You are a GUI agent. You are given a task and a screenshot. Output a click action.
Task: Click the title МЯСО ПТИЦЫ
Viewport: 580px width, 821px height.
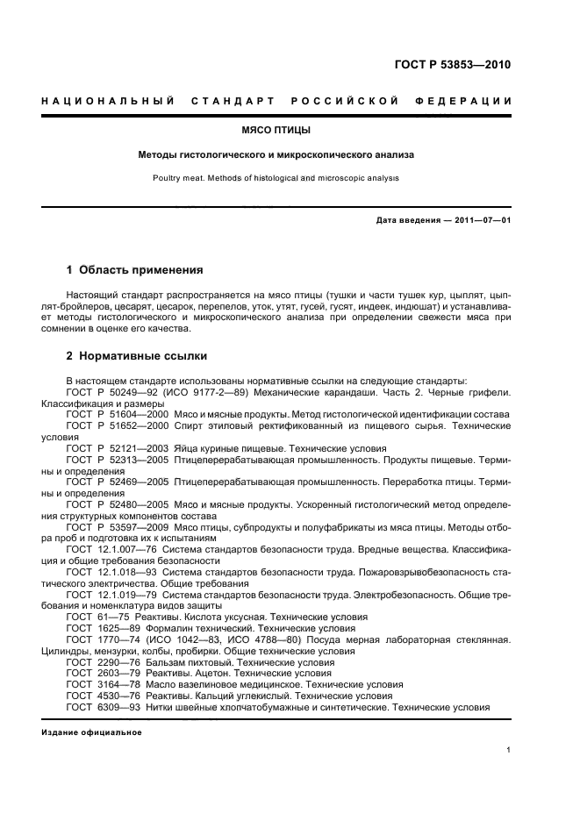276,130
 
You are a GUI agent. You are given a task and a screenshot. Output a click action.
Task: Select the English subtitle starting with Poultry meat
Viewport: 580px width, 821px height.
276,177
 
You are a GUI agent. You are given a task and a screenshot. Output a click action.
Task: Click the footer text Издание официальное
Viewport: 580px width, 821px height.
91,732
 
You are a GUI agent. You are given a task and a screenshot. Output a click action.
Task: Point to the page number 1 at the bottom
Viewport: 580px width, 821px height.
509,751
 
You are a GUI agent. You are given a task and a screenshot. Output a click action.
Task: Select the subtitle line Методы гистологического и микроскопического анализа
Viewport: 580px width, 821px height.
276,154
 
